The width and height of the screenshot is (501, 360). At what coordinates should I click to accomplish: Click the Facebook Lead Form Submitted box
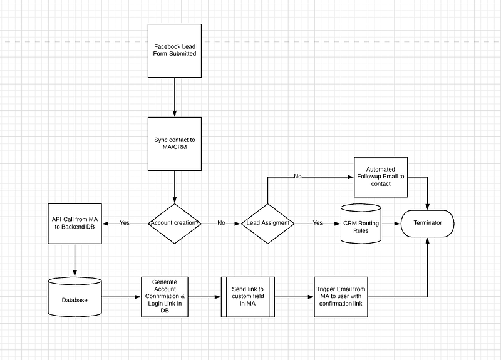click(x=175, y=51)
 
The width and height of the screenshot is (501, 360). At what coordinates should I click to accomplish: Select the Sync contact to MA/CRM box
click(x=175, y=144)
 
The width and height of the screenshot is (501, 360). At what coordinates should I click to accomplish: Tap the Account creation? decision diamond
click(x=175, y=224)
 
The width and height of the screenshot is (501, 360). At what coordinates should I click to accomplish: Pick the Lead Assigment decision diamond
click(x=268, y=224)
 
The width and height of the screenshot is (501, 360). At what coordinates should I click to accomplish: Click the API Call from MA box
click(x=75, y=224)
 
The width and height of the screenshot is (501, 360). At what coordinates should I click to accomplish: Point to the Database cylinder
click(x=75, y=297)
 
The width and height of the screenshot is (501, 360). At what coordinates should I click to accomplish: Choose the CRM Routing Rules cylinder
click(x=361, y=224)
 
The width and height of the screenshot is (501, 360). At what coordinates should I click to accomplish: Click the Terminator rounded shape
click(x=428, y=224)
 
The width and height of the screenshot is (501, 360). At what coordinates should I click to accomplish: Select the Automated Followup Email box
click(x=381, y=177)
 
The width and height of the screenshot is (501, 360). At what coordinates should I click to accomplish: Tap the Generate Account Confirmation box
click(x=165, y=297)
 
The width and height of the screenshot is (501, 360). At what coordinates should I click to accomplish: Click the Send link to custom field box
click(x=248, y=297)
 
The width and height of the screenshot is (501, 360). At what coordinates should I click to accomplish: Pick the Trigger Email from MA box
click(x=341, y=297)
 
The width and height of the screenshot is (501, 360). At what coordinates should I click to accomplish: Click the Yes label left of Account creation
click(x=125, y=223)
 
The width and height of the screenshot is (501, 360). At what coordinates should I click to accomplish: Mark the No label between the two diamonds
click(x=221, y=223)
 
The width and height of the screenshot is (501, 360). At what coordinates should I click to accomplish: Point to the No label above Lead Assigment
click(x=297, y=177)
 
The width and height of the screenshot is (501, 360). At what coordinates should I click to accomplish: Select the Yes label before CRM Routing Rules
click(x=318, y=223)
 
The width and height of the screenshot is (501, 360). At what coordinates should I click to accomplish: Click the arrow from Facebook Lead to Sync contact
click(x=175, y=97)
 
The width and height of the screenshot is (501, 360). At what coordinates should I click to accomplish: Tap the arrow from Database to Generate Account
click(x=121, y=297)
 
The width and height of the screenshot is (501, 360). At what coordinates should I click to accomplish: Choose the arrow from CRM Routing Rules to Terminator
click(x=391, y=224)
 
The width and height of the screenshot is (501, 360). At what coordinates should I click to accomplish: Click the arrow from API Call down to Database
click(x=75, y=260)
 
